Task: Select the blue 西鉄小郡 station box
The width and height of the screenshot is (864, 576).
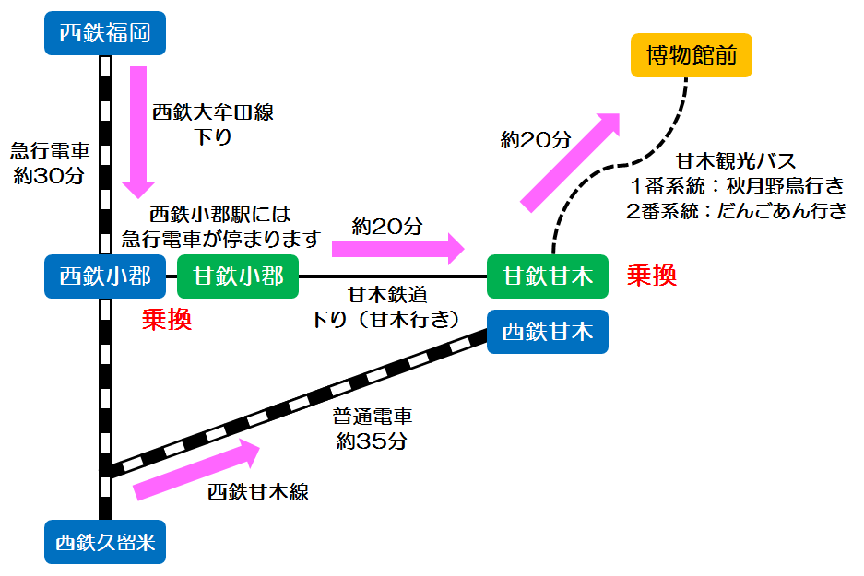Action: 104,276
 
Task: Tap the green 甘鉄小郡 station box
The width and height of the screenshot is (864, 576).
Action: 237,276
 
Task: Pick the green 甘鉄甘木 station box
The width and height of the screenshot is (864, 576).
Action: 548,276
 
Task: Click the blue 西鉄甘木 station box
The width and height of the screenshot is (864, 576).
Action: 548,332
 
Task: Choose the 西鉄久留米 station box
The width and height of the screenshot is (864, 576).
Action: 104,542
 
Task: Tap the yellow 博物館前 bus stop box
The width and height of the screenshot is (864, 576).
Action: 691,55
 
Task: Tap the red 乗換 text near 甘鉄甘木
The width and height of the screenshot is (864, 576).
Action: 652,275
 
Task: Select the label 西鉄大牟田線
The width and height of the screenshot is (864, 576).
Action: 213,113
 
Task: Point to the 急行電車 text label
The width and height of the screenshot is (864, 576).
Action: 50,150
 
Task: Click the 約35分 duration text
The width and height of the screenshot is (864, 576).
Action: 372,441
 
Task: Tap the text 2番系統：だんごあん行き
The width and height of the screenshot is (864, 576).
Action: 736,210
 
